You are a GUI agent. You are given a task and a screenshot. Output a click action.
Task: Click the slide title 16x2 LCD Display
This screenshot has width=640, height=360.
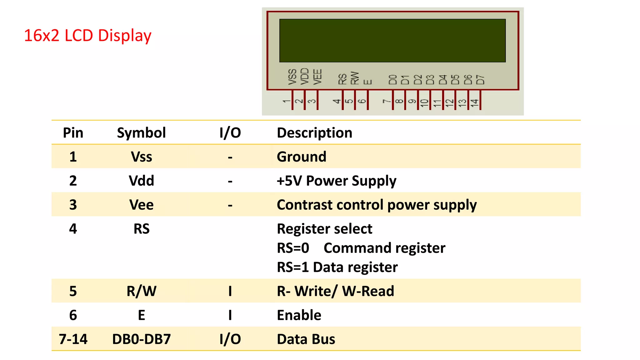coord(87,36)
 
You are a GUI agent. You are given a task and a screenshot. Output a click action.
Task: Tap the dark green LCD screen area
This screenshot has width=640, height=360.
coord(392,41)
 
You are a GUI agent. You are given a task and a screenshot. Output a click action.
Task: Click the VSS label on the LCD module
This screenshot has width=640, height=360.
coord(292,77)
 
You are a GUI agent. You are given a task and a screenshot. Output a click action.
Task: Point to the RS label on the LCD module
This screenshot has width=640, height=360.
coord(342,79)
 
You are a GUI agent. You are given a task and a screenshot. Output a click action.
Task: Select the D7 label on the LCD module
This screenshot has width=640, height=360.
coord(480,79)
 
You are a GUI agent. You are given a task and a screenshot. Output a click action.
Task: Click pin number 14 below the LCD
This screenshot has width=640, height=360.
coord(475,102)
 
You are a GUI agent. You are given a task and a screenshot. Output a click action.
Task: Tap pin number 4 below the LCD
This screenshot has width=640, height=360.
coord(337,101)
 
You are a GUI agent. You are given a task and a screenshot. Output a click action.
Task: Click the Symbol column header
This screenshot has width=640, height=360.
coord(141,133)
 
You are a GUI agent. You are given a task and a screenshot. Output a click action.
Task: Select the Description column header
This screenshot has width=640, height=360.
coord(314,133)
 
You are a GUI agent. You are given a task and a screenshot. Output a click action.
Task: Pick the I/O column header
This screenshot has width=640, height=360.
coord(230,133)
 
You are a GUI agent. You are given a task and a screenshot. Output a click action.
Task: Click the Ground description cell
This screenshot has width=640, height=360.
coord(302,157)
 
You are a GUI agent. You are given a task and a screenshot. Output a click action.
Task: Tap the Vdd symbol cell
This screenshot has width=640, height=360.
coord(141,181)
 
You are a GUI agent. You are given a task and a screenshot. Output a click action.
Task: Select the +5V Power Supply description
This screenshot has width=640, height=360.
coord(337,181)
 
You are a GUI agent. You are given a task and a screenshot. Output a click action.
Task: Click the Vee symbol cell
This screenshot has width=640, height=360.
coord(141,205)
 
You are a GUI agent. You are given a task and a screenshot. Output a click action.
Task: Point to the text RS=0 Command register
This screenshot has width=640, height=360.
coord(361,248)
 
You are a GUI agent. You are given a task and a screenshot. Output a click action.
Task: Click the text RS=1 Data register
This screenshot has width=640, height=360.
coord(337,267)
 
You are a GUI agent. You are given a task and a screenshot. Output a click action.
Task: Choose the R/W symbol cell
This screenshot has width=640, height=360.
coord(141,291)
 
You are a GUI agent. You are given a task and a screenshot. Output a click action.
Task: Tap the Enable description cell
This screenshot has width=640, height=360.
coord(299,315)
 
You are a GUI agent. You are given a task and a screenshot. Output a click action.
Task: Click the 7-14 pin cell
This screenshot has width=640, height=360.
coord(73,339)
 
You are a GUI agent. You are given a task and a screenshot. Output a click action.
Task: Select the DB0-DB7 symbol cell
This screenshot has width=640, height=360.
coord(141,339)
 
